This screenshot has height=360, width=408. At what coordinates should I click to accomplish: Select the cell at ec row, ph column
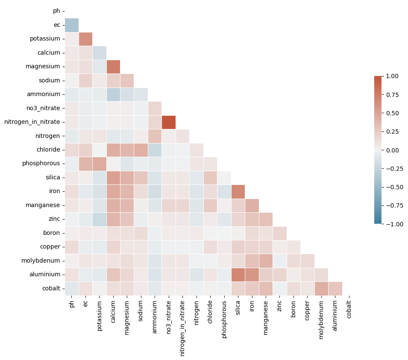tap(72, 25)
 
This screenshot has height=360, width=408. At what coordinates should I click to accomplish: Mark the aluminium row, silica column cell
tap(238, 274)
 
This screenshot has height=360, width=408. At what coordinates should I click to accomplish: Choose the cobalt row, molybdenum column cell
tap(321, 288)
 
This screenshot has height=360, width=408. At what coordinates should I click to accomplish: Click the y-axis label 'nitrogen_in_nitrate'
tap(32, 122)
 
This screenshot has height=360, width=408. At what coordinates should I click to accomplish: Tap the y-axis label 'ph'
tap(56, 11)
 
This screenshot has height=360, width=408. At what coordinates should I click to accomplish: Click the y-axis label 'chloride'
tap(49, 150)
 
